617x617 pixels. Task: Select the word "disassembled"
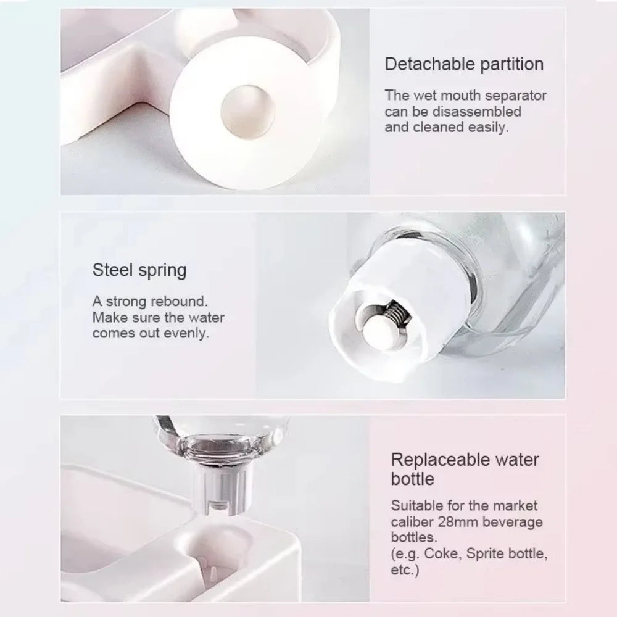coord(476,112)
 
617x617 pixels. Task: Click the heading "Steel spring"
coord(139,271)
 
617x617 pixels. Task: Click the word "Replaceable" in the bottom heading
coord(439,460)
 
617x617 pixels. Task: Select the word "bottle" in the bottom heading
coord(412,479)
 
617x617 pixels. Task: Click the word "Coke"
coord(442,554)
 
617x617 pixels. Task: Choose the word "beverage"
coord(513,522)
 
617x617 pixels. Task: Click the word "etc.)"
coord(405,570)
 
